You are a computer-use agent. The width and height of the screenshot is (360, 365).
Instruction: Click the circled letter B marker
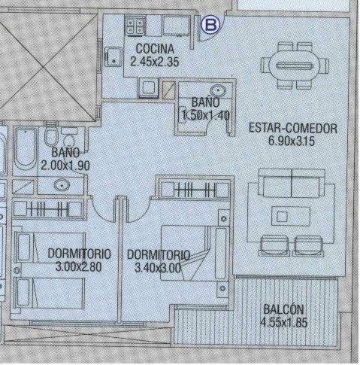211,25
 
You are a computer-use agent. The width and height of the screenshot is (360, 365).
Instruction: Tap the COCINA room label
155,49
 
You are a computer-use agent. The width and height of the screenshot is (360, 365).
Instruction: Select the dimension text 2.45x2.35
155,61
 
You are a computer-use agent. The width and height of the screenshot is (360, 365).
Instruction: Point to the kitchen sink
113,56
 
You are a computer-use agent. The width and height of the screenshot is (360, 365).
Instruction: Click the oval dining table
295,66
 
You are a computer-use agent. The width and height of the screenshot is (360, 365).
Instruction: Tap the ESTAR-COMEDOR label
293,128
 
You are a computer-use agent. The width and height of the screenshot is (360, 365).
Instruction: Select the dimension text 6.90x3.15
292,141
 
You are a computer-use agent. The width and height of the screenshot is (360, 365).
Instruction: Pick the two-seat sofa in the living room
292,183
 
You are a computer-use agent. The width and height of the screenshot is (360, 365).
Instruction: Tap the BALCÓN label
283,309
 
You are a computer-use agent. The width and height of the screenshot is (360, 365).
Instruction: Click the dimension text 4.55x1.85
283,322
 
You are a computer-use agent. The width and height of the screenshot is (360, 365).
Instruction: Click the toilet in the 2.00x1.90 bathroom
51,135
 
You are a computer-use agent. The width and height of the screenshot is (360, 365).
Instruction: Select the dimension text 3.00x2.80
78,266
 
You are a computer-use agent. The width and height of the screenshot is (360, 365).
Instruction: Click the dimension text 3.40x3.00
158,268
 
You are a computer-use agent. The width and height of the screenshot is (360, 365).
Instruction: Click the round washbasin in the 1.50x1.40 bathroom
217,90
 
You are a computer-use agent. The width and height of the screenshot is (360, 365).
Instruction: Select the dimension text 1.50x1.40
205,115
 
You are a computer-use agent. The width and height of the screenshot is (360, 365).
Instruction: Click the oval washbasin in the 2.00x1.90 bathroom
62,185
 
